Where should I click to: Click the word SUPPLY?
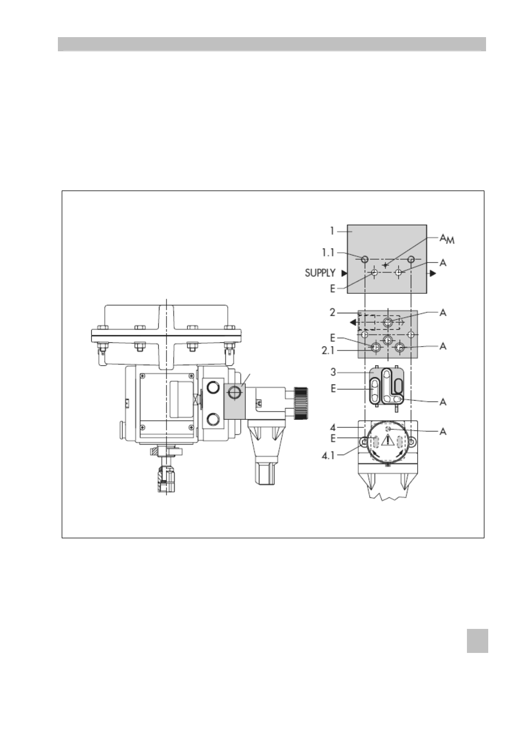point(320,273)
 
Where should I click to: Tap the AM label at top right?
point(447,239)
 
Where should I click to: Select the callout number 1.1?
point(328,253)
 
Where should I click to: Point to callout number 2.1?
point(328,350)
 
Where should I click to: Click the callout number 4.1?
point(328,455)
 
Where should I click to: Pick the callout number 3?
point(333,372)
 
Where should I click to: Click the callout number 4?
point(333,427)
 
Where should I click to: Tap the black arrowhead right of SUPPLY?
point(344,273)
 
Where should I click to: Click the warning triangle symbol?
point(388,440)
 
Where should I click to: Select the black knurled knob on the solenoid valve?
point(300,403)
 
